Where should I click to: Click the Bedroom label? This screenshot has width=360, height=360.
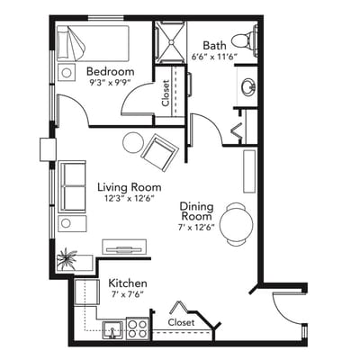pyautogui.click(x=110, y=72)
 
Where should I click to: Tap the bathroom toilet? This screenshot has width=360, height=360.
pyautogui.click(x=245, y=41)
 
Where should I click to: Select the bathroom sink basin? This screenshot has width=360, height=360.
pyautogui.click(x=248, y=87)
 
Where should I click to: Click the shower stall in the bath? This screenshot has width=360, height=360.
pyautogui.click(x=170, y=42)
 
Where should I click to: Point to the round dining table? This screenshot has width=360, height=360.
pyautogui.click(x=237, y=224)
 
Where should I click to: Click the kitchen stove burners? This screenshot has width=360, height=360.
pyautogui.click(x=137, y=328)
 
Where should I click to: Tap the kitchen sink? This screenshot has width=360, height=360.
pyautogui.click(x=112, y=330)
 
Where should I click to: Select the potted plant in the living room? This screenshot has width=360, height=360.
pyautogui.click(x=67, y=258)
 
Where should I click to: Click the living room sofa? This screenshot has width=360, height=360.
pyautogui.click(x=72, y=186)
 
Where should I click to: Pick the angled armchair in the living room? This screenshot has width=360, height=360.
pyautogui.click(x=160, y=153)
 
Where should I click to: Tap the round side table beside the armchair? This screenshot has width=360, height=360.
pyautogui.click(x=133, y=142)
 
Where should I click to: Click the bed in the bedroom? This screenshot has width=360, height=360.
pyautogui.click(x=93, y=43)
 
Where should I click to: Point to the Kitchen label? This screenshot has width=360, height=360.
pyautogui.click(x=128, y=283)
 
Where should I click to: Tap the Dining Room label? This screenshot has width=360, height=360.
pyautogui.click(x=196, y=211)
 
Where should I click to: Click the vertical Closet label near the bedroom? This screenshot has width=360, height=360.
pyautogui.click(x=166, y=93)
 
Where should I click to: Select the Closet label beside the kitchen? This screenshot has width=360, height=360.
pyautogui.click(x=181, y=322)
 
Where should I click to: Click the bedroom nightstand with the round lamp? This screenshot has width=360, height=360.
pyautogui.click(x=67, y=72)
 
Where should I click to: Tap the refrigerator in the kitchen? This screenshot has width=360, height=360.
pyautogui.click(x=86, y=292)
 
